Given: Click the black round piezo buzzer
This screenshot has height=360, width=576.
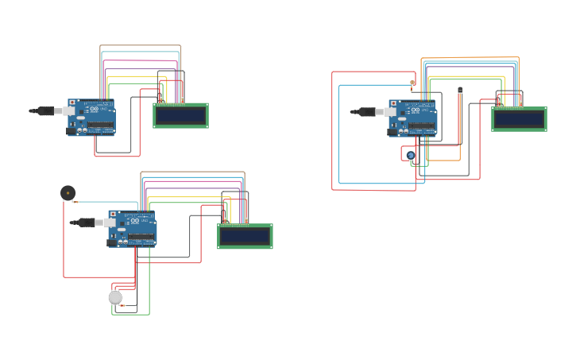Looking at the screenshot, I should pos(68,192).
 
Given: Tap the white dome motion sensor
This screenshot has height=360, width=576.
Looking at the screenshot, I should pos(115,297).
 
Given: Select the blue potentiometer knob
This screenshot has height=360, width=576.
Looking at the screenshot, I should pos(410,155).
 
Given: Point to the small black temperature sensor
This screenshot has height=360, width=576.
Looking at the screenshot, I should pos(460,90).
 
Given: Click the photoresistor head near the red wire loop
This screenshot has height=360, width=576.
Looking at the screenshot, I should pos(412,83).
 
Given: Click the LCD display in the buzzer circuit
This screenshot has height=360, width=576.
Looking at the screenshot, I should pos(245,236).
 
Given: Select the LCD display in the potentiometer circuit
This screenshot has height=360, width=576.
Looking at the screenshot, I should pos(519,119).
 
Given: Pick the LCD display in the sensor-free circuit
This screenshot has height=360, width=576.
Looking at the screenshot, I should pos(180,115).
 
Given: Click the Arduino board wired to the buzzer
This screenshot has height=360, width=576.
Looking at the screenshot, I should pos(133,228).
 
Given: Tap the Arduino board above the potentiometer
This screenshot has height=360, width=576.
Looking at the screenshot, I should pos(413,118).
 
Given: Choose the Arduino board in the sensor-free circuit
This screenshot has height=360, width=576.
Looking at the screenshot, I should pos(92,117).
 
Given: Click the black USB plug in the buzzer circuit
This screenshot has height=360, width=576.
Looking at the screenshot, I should pos(86,223).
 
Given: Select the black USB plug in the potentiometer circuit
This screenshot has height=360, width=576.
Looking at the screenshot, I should pos(366,112).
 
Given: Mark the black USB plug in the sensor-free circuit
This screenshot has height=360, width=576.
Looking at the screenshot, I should pos(45,111).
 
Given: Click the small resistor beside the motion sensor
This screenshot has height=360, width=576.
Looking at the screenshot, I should pos(122,306).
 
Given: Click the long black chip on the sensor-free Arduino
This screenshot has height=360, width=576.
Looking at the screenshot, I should pos(100,126).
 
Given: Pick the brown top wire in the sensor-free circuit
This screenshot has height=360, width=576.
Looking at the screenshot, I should pos(141,46).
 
